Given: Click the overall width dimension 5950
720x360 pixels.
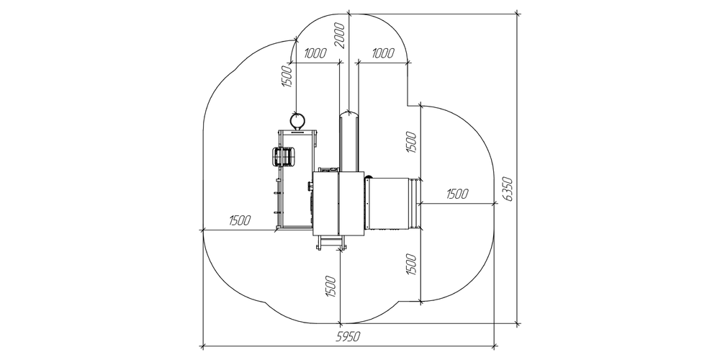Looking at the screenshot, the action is [x=348, y=336].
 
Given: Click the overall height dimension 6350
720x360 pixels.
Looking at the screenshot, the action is [x=508, y=189].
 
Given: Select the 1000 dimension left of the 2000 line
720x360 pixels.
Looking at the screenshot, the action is [x=315, y=53].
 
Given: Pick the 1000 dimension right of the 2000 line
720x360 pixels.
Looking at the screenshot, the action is [x=382, y=53].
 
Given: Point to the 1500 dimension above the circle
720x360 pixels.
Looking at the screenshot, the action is [x=286, y=76].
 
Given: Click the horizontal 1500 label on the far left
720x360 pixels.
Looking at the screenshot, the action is [x=240, y=220].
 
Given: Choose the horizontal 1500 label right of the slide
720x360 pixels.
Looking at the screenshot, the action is [x=457, y=194].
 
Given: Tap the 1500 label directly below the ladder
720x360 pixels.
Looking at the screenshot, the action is [x=331, y=287].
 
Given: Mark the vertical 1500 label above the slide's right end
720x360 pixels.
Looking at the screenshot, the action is [x=411, y=143].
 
